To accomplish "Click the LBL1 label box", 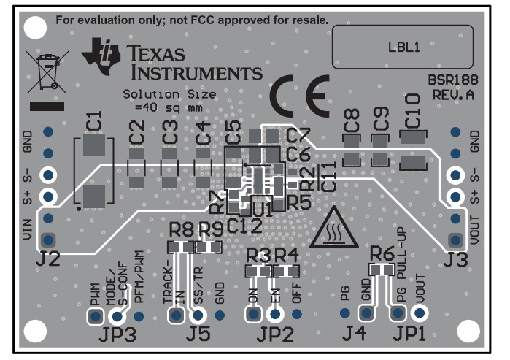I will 403,48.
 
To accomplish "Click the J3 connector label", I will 455,258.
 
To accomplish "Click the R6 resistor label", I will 382,253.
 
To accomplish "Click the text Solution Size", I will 169,95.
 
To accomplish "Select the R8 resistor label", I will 182,230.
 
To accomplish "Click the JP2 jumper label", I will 273,336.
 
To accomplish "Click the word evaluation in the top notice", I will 105,18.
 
